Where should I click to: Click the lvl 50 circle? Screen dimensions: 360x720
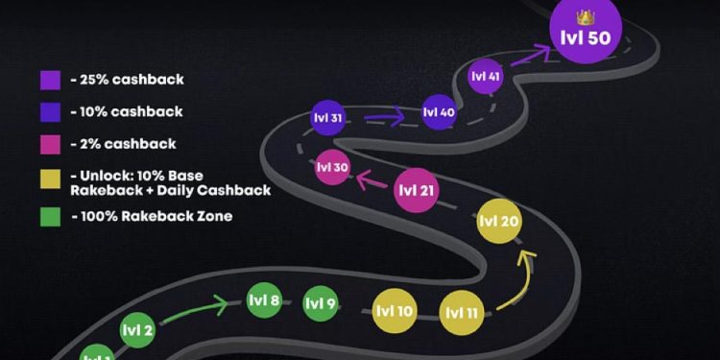tap(586, 37)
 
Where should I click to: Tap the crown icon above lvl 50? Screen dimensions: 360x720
tap(586, 16)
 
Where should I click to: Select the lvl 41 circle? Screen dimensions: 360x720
tap(486, 76)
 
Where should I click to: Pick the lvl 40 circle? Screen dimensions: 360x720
tap(440, 112)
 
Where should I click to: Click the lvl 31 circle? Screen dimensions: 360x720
tap(327, 118)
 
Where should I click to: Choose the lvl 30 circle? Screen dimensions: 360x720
tap(332, 168)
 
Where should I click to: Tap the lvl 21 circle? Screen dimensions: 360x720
tap(417, 190)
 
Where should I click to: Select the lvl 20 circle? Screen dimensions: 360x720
tap(499, 222)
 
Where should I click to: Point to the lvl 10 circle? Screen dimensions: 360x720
tap(395, 311)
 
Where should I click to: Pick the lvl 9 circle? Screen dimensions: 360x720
tap(320, 304)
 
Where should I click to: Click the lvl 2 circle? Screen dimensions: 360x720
tap(137, 331)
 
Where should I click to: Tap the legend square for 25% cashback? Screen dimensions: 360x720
tap(51, 80)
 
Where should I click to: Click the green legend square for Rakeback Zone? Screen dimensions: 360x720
tap(51, 216)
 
